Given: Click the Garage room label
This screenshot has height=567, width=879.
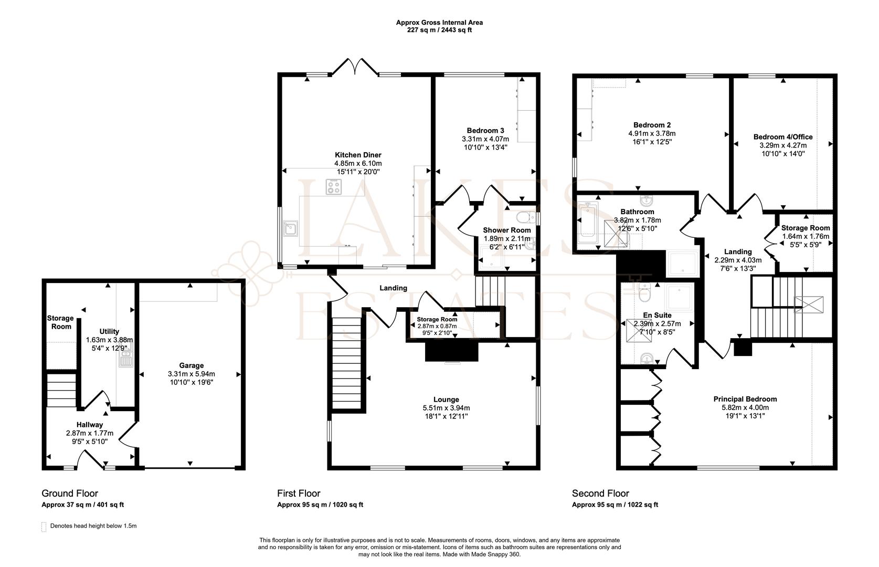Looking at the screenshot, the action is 192,365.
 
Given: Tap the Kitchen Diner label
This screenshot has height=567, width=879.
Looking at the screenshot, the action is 358,155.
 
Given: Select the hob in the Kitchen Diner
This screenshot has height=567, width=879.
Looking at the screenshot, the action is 334,187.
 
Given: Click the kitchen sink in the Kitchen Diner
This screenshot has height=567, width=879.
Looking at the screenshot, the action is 291,228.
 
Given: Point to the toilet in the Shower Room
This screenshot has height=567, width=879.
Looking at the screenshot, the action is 525,217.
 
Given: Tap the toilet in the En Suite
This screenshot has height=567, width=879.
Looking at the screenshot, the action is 644,292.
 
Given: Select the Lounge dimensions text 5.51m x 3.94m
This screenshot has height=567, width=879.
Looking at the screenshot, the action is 446,408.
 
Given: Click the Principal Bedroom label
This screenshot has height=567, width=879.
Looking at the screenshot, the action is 745,400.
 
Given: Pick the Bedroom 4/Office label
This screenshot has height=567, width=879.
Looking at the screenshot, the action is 783,137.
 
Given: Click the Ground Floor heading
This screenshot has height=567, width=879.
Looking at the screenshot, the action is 70,493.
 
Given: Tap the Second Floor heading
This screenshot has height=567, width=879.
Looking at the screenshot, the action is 600,493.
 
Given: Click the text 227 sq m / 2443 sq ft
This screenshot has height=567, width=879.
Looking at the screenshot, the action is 440,30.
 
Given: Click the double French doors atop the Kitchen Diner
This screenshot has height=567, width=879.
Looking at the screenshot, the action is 355,66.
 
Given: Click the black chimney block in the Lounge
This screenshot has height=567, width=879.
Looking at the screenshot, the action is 452,351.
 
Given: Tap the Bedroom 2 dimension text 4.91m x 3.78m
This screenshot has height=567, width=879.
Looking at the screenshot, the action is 652,133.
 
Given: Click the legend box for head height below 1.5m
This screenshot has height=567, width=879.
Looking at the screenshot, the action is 44,527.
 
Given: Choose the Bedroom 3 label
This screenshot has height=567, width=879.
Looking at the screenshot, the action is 485,131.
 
